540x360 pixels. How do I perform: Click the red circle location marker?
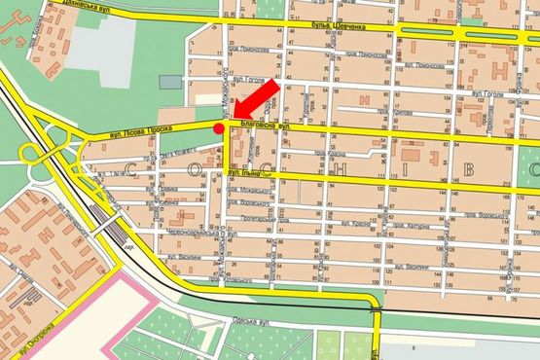point(219,127)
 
